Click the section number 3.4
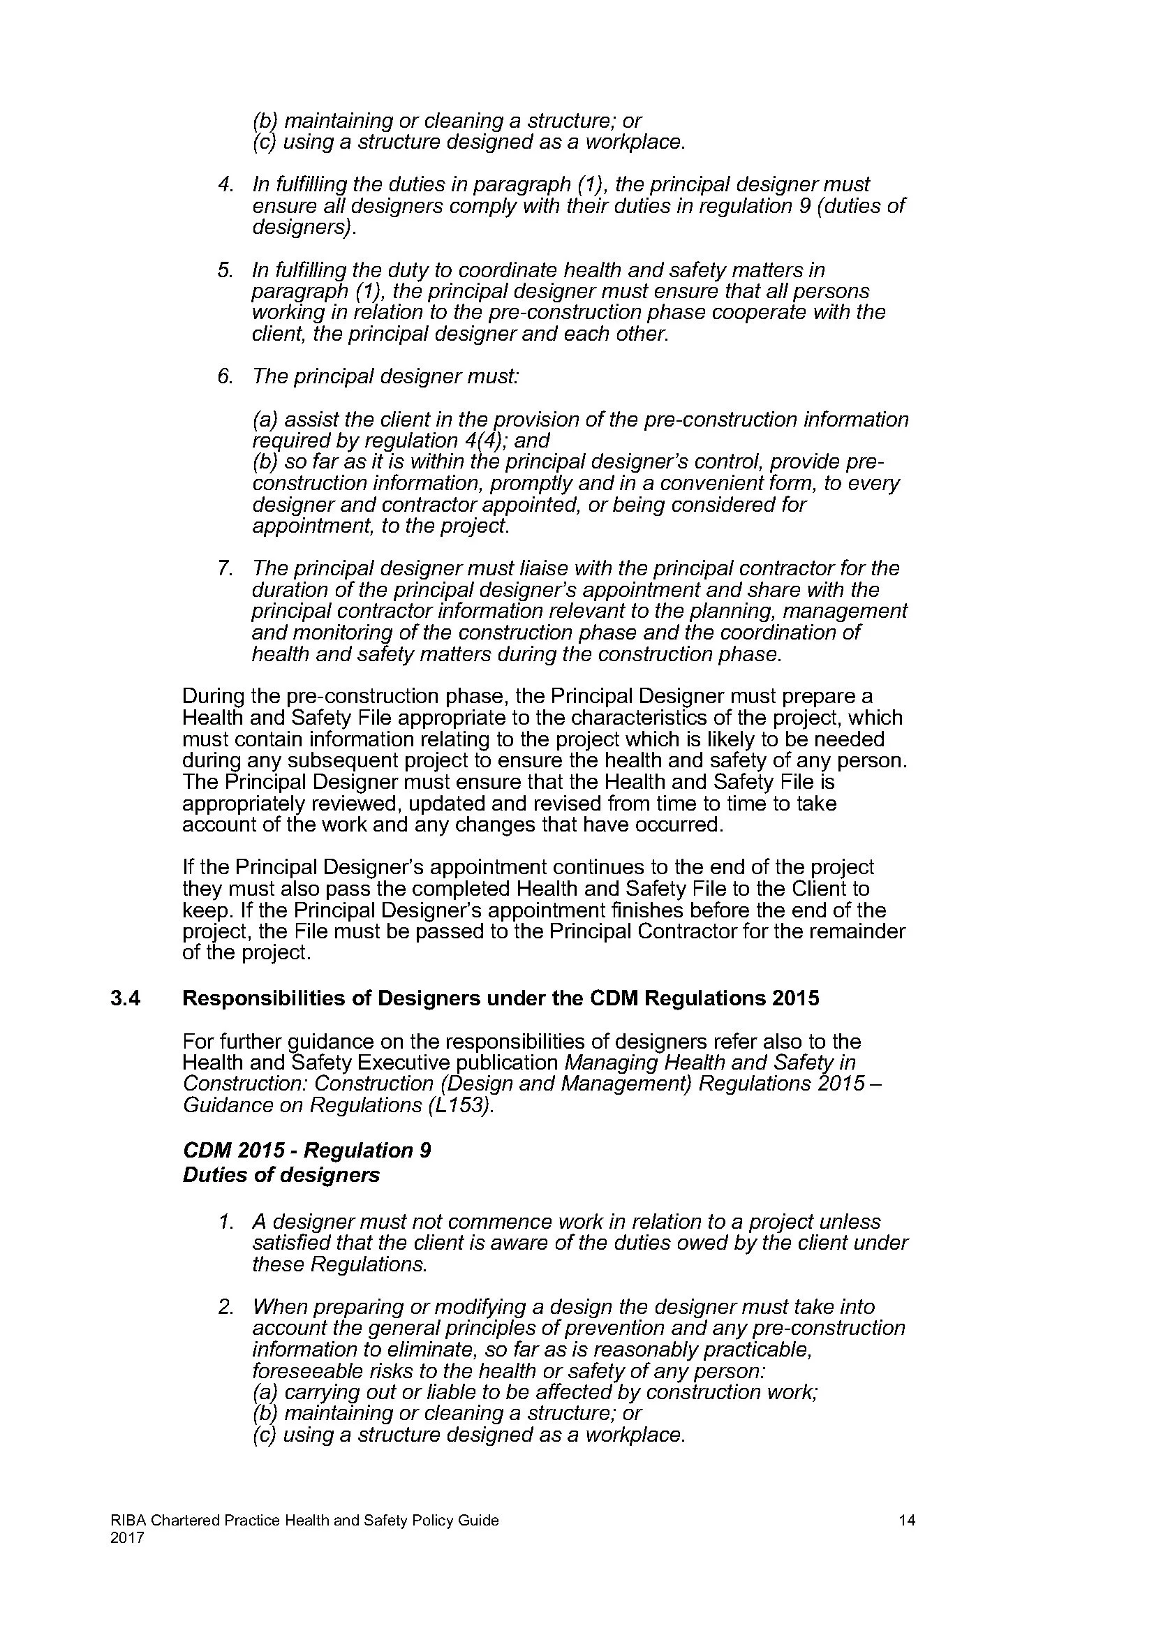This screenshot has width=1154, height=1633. (x=125, y=998)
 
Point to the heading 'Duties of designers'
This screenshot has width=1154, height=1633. (x=281, y=1175)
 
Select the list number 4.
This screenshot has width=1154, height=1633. (x=225, y=185)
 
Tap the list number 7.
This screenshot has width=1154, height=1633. (x=225, y=569)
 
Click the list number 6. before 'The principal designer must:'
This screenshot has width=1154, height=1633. (x=225, y=376)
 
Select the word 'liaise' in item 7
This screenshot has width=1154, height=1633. (x=543, y=569)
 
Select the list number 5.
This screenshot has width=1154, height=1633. (x=225, y=271)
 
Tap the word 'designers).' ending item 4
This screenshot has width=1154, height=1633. (x=304, y=228)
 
